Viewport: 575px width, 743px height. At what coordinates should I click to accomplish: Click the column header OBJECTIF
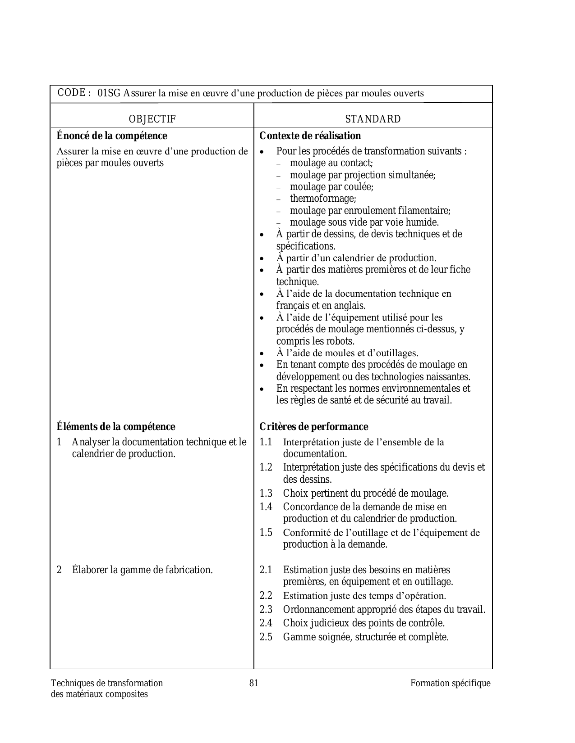tap(152, 119)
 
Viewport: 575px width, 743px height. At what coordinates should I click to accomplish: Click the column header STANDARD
tap(373, 119)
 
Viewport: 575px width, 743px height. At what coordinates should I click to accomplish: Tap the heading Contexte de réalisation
tap(310, 136)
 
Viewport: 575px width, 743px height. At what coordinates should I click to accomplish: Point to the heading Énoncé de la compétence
tap(112, 136)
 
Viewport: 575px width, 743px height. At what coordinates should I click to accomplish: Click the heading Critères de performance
tap(313, 427)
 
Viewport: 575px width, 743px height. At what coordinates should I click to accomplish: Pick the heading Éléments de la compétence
tap(116, 427)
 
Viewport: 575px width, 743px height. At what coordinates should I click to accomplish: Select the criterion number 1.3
tap(266, 494)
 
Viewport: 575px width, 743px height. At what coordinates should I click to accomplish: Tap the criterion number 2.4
tap(266, 623)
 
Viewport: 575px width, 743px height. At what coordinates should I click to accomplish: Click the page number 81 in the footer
tap(254, 684)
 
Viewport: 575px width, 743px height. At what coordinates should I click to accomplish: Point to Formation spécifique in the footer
tap(450, 684)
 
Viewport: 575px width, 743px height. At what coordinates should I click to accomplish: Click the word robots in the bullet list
tap(340, 341)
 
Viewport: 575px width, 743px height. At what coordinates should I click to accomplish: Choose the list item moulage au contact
tap(331, 163)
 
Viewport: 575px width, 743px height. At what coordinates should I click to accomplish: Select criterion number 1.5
tap(266, 533)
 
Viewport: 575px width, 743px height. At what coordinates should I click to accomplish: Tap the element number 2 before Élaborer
tap(59, 570)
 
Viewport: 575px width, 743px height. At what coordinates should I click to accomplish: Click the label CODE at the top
tap(72, 93)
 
